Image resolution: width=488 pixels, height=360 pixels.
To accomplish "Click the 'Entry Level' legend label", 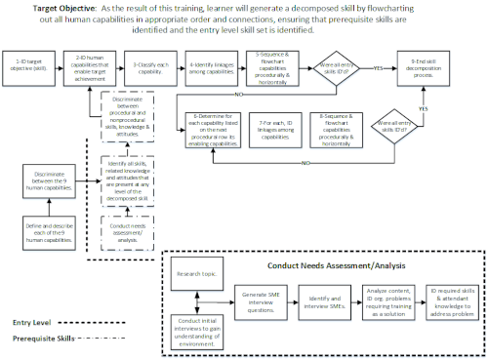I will coord(29,318).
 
